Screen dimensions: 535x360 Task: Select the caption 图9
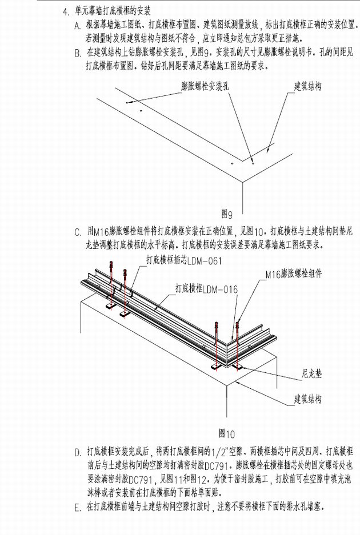pos(227,216)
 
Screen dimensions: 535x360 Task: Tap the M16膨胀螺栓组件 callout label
pos(294,274)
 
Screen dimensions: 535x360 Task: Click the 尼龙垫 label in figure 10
pos(311,375)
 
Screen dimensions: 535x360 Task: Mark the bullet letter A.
pos(78,26)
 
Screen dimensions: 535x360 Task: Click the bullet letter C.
pos(78,233)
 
